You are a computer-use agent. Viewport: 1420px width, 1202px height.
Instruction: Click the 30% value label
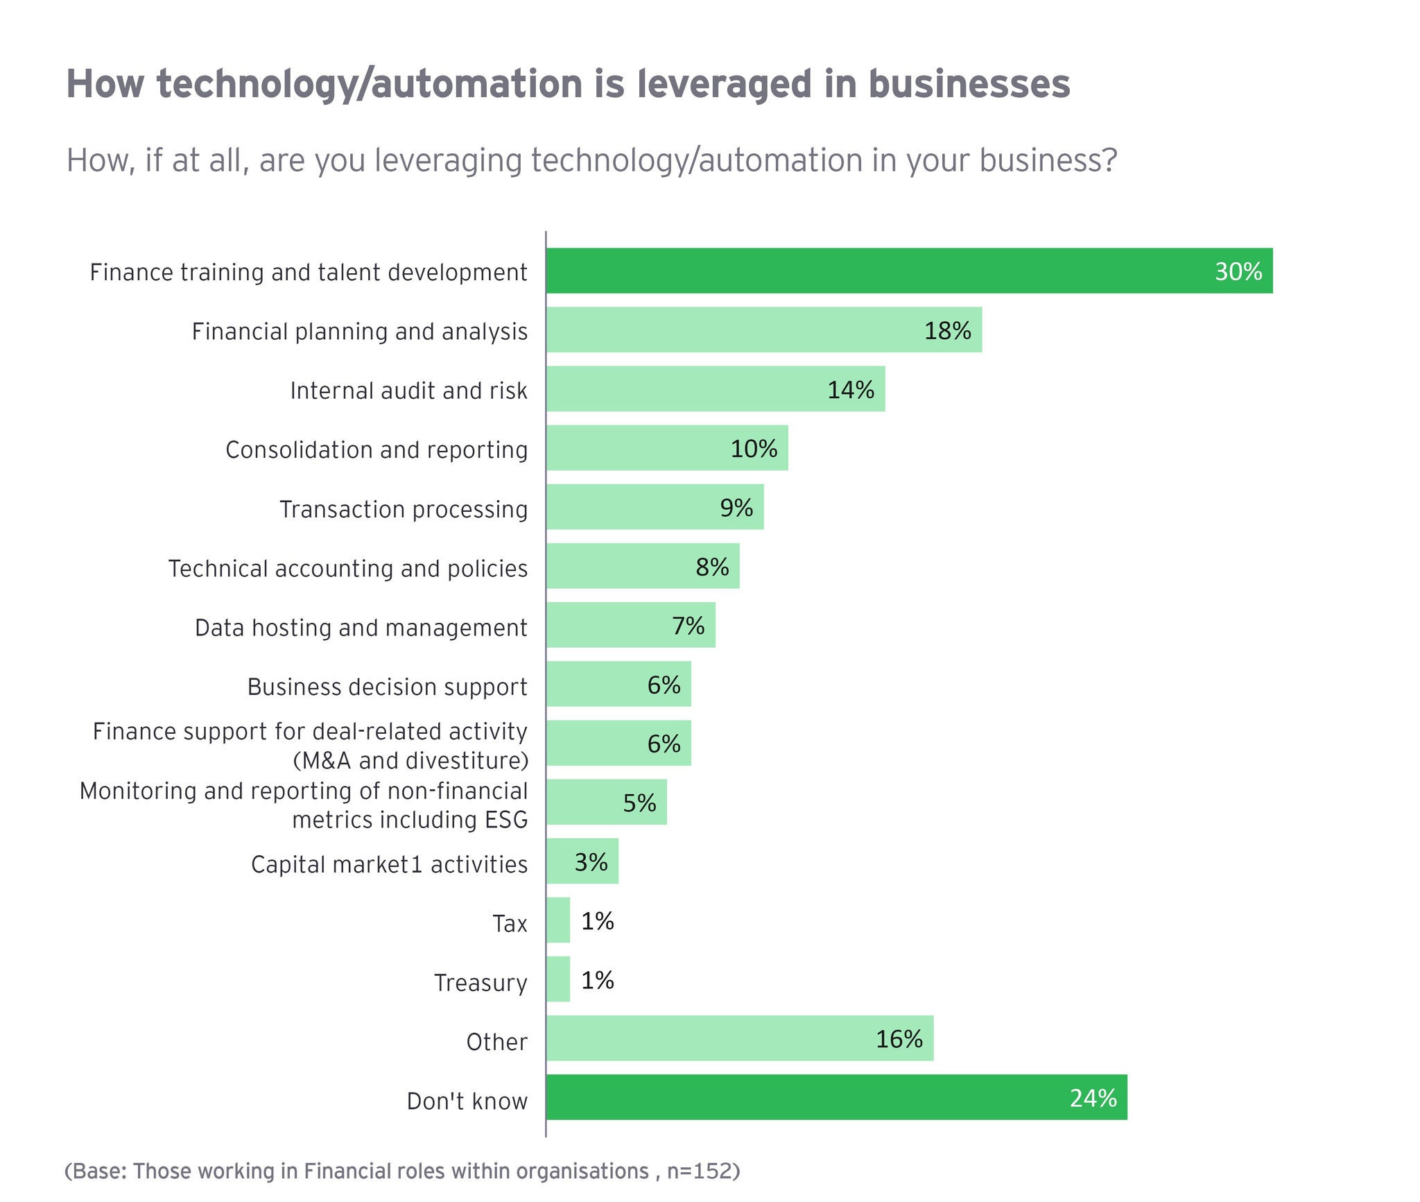[x=1238, y=271]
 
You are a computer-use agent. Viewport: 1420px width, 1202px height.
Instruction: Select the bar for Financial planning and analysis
[x=763, y=330]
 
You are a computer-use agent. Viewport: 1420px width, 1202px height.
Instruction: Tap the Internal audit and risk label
[x=408, y=390]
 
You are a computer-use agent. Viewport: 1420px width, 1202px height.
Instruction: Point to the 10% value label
[x=754, y=449]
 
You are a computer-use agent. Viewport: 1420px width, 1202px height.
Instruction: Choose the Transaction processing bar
[x=655, y=507]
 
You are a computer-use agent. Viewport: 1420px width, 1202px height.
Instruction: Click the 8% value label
[x=712, y=567]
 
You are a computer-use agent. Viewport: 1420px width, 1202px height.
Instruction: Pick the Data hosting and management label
[x=361, y=628]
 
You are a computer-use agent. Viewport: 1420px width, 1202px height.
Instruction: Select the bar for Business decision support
[x=618, y=684]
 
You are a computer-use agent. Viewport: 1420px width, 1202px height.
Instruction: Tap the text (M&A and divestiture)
[x=410, y=761]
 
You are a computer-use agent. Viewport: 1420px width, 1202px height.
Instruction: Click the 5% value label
[x=639, y=803]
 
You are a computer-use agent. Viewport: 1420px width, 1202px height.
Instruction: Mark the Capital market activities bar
[x=582, y=861]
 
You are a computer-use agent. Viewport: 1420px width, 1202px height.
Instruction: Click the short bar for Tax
[x=558, y=920]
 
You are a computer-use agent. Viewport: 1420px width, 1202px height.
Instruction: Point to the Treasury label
[x=480, y=983]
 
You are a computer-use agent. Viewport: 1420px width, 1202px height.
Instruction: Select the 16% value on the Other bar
[x=899, y=1039]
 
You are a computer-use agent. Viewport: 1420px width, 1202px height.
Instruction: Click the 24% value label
[x=1093, y=1098]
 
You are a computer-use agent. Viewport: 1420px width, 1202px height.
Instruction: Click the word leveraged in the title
[x=724, y=85]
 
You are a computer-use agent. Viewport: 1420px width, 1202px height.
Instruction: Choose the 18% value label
[x=947, y=331]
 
